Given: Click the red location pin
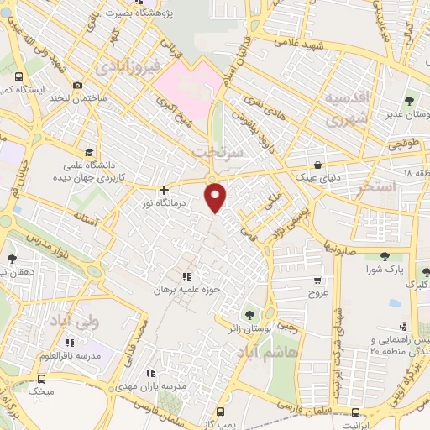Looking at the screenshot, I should point(216,196).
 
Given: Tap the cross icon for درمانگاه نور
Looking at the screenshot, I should point(164,191).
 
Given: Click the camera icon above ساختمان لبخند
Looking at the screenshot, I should point(77,86).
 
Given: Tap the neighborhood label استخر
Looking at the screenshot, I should point(375,186).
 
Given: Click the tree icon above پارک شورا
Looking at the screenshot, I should point(385,256).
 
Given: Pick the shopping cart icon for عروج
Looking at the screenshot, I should point(317,281).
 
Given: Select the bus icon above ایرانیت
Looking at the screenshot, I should point(356,412).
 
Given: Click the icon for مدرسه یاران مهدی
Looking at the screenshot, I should point(150,373).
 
